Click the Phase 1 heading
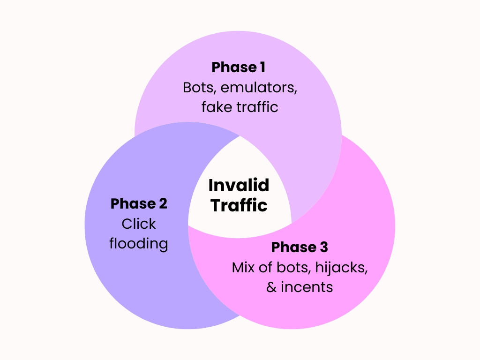coord(238,67)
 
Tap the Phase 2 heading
coord(139,204)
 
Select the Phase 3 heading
coord(300,247)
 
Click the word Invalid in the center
coord(239,185)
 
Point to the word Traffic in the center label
coord(239,205)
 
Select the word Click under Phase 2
coord(139,224)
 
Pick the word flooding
coord(139,244)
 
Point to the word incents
coord(307,287)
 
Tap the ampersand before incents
coord(271,287)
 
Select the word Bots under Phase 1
coord(196,88)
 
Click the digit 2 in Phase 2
coord(162,204)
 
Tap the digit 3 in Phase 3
coord(323,247)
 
